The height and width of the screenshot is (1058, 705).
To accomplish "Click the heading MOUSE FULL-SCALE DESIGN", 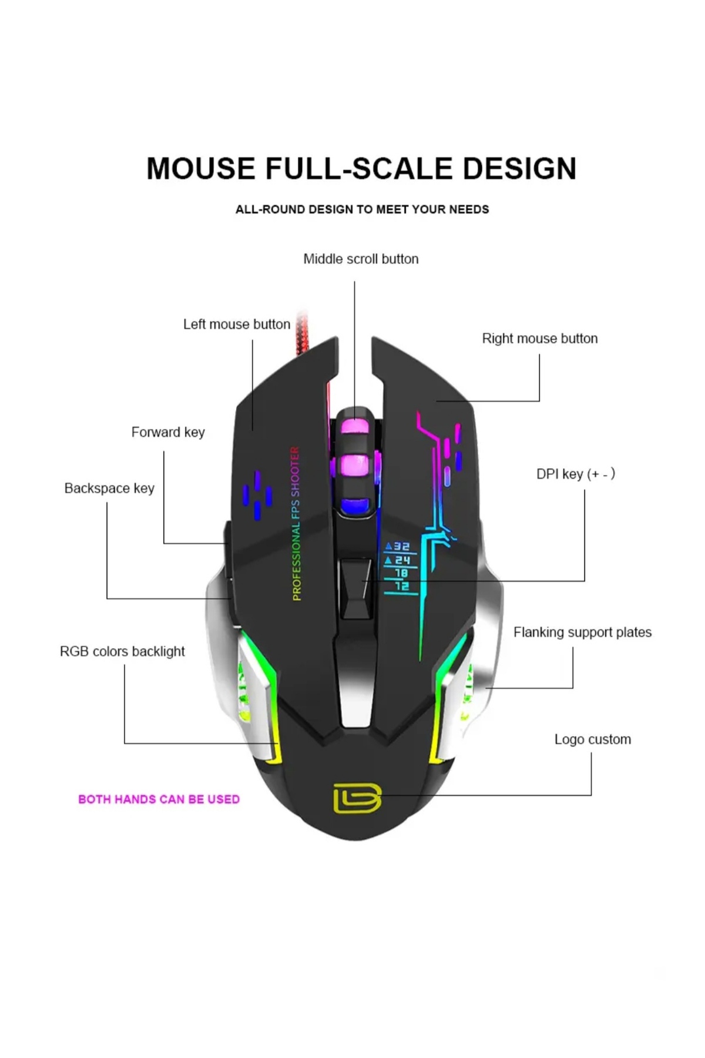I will tap(361, 169).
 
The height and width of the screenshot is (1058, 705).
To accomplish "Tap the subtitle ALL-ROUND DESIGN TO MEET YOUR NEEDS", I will tap(362, 209).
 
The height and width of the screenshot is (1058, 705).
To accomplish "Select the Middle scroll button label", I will tap(361, 259).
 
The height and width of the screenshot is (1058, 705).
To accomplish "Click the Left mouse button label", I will tap(236, 324).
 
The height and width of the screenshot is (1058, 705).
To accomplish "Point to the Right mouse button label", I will tap(539, 339).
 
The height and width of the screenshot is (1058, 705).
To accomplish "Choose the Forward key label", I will tap(168, 433).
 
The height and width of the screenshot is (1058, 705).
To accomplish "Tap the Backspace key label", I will tap(109, 488).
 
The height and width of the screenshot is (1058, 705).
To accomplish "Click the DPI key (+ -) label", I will tap(575, 474).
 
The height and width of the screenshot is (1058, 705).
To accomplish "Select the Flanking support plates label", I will tap(582, 632).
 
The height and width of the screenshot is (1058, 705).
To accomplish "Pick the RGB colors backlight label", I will tap(122, 651).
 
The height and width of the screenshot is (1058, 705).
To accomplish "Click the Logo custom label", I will tap(592, 739).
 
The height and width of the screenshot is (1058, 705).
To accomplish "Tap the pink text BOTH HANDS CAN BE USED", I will tap(159, 799).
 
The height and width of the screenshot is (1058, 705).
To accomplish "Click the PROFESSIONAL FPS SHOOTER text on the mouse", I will tap(296, 523).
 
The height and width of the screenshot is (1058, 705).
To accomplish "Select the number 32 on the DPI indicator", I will tap(401, 547).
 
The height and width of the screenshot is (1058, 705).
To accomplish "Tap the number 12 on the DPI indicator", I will tap(402, 586).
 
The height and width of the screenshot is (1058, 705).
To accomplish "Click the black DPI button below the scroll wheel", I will tap(356, 588).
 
